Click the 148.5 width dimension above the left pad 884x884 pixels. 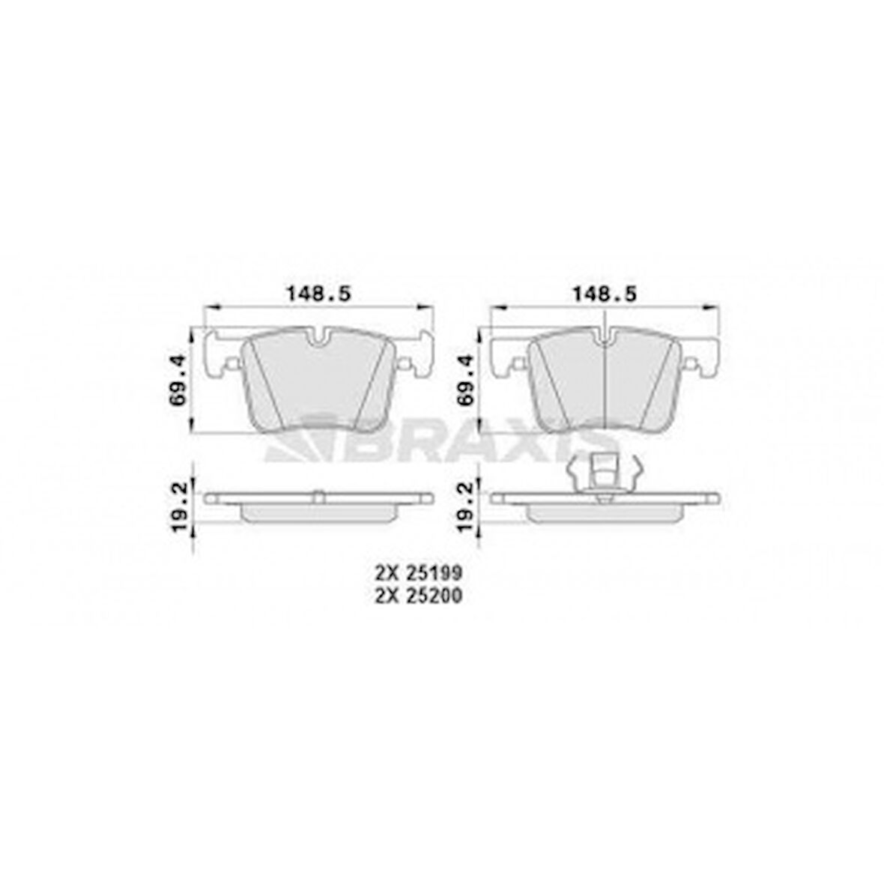pyautogui.click(x=317, y=294)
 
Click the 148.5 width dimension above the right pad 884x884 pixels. pyautogui.click(x=604, y=294)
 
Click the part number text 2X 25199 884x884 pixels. pyautogui.click(x=418, y=574)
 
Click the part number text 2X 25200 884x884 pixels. pyautogui.click(x=418, y=596)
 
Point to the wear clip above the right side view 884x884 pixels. pyautogui.click(x=604, y=473)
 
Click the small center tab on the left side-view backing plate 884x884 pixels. pyautogui.click(x=318, y=494)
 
